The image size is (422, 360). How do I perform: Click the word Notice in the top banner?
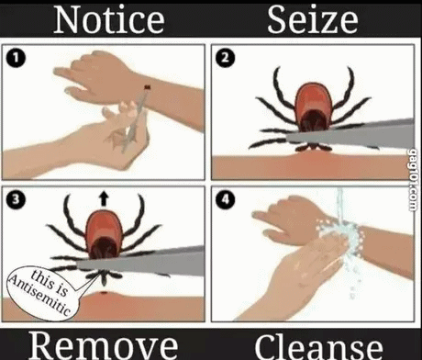pos(109,20)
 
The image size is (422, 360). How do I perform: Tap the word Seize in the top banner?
pos(313,20)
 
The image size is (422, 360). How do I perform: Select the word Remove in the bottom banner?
pos(104,345)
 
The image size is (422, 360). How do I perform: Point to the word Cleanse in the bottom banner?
pos(318,347)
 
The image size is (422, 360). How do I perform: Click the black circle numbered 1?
pos(16,58)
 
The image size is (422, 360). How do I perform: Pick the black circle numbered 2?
pos(225,58)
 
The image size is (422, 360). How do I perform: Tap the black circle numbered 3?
pos(16,199)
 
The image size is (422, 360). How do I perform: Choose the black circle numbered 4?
pos(225,199)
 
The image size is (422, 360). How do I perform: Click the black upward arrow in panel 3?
pos(104,198)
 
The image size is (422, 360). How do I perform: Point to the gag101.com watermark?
pos(413,180)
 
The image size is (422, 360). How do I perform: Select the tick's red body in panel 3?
pos(104,234)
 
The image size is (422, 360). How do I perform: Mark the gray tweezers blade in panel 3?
pos(140,262)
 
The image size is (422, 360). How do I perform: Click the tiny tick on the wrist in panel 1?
pos(148,87)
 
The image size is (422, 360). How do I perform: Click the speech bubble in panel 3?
pos(43,292)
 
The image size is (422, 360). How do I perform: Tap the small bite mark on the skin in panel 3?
pos(104,293)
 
